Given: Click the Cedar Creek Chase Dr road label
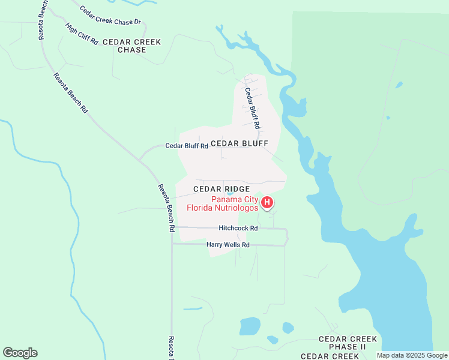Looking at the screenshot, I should [x=110, y=14].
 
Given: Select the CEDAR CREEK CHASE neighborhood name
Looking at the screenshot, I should [x=132, y=46].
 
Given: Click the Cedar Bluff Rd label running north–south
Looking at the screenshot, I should [x=252, y=109].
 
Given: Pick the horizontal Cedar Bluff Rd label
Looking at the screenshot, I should [x=187, y=146].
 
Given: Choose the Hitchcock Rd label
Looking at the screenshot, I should [x=238, y=228].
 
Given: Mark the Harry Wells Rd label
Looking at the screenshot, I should [x=228, y=245].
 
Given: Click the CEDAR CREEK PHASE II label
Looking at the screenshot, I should [x=342, y=343].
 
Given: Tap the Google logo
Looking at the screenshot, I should [x=20, y=353].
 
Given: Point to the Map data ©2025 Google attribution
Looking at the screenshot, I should [x=412, y=355].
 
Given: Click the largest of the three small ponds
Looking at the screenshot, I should [x=250, y=326].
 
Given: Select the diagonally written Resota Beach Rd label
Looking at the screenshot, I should [x=71, y=93].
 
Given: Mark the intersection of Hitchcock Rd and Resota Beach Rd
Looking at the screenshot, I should [x=172, y=227].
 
